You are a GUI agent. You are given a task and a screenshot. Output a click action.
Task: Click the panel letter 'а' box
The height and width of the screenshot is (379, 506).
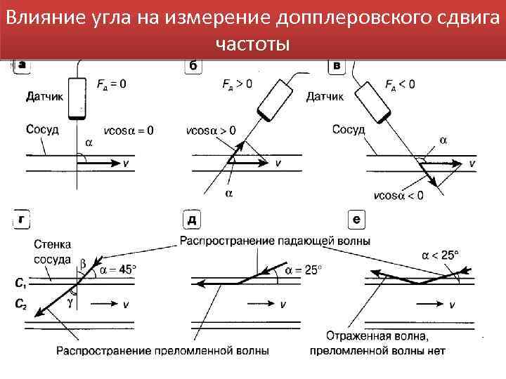pyautogui.click(x=22, y=65)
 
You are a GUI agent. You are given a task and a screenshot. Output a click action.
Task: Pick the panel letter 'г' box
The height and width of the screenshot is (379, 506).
pyautogui.click(x=22, y=220)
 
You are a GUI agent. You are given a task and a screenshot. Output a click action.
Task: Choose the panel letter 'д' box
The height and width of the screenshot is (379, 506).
pyautogui.click(x=191, y=220)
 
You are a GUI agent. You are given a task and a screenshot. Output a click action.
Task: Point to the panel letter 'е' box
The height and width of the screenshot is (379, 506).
pyautogui.click(x=357, y=220)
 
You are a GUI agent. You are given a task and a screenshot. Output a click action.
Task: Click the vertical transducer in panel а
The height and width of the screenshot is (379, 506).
pyautogui.click(x=77, y=99)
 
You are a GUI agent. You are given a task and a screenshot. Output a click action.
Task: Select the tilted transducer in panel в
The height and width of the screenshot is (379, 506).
pyautogui.click(x=372, y=100)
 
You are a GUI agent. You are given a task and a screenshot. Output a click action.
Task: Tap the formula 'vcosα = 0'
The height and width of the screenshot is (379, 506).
pyautogui.click(x=129, y=131)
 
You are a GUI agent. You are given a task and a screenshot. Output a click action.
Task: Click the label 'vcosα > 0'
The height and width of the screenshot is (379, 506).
pyautogui.click(x=212, y=131)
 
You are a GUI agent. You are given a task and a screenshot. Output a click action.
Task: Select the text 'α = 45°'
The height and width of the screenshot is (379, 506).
pyautogui.click(x=118, y=269)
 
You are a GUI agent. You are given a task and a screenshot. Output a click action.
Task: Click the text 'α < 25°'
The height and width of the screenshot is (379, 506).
pyautogui.click(x=441, y=255)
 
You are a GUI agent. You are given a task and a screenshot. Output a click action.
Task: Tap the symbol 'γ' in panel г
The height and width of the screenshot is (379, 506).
pyautogui.click(x=70, y=304)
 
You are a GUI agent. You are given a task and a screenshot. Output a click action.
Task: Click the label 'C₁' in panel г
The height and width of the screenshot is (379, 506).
pyautogui.click(x=22, y=284)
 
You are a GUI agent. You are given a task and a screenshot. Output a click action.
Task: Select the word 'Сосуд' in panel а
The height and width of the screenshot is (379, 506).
pyautogui.click(x=42, y=129)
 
